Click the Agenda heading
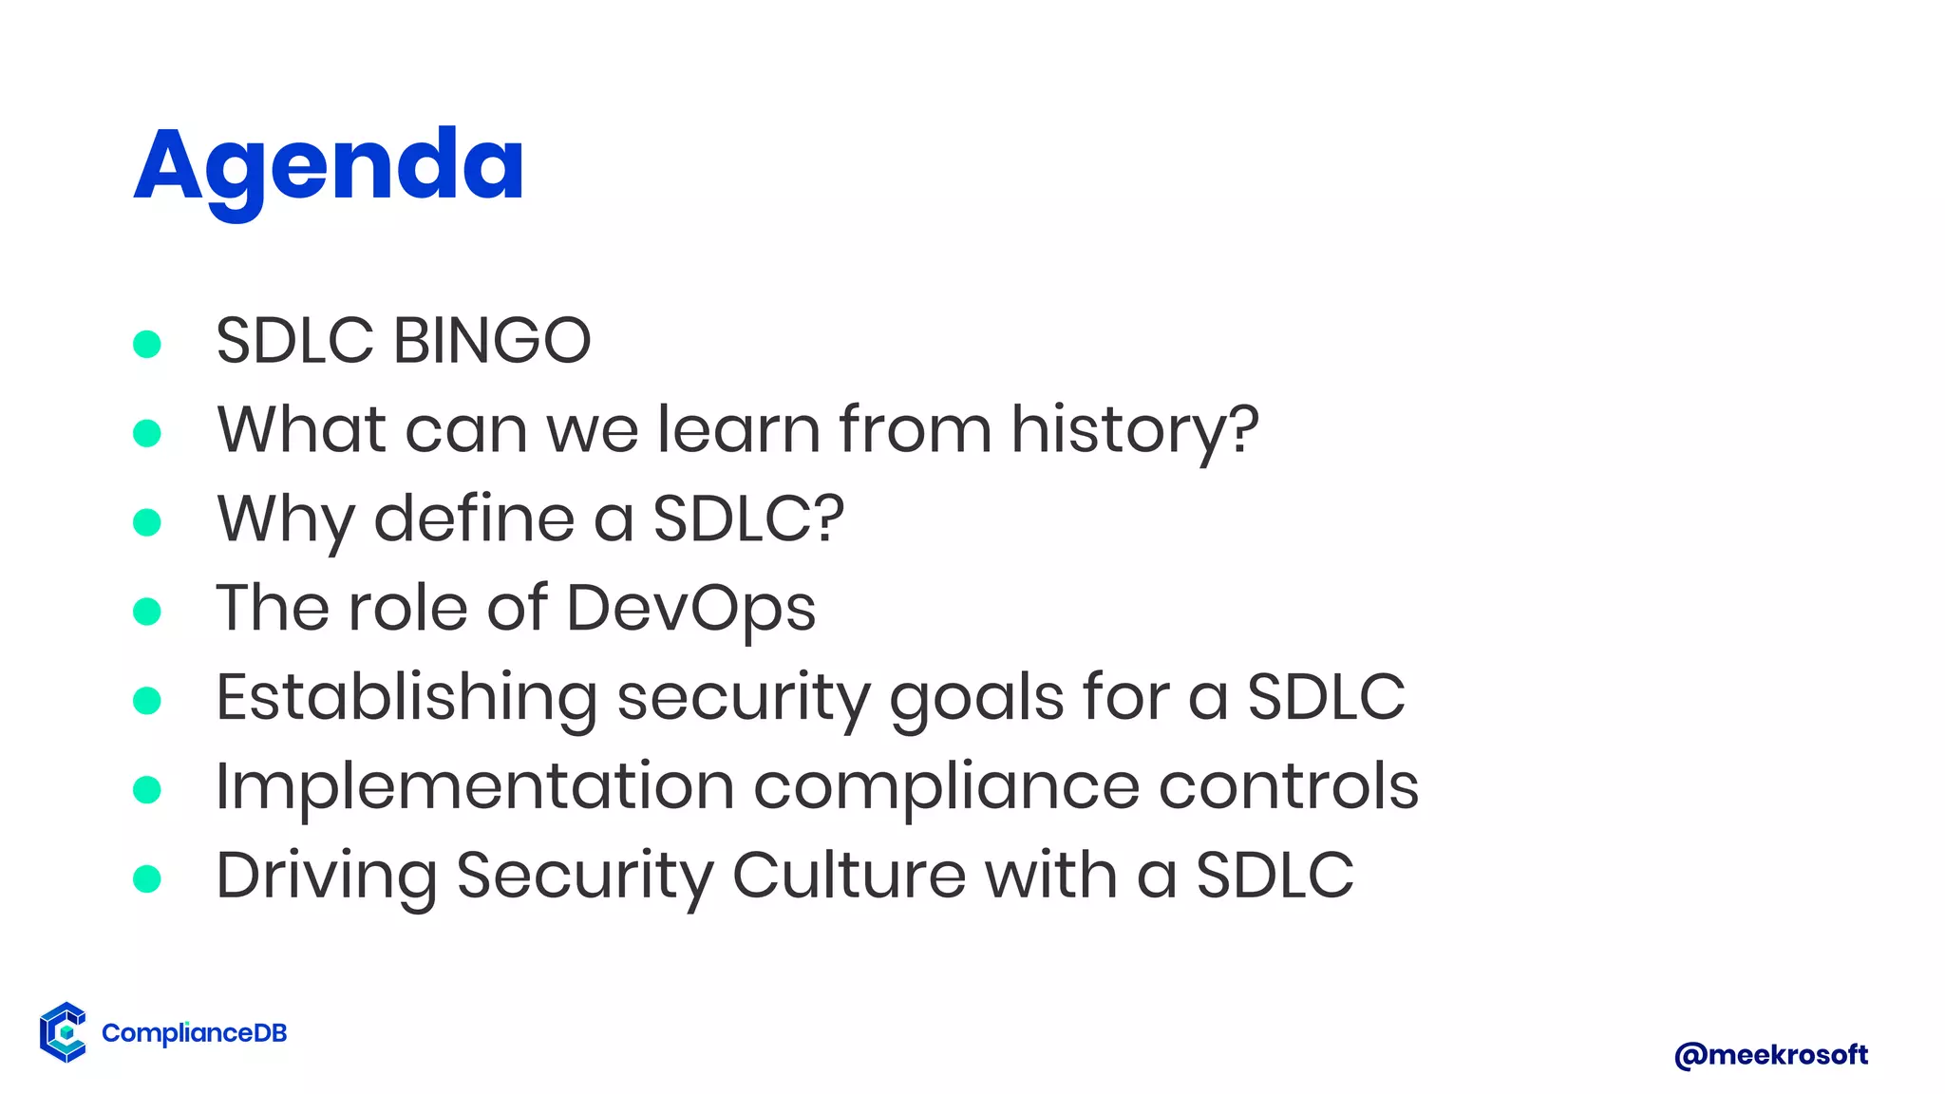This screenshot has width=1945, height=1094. [x=329, y=166]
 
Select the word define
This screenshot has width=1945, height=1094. [x=474, y=519]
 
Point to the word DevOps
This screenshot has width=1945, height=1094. [x=690, y=609]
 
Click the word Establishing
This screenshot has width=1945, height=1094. [x=406, y=698]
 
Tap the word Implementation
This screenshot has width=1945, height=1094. [x=475, y=787]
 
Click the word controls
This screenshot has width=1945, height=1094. [x=1288, y=787]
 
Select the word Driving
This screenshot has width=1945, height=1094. [x=326, y=877]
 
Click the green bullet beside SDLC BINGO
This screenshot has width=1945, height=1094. [x=147, y=344]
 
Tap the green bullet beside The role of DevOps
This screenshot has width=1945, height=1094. [x=147, y=611]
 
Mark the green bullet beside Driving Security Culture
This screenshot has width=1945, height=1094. [x=147, y=878]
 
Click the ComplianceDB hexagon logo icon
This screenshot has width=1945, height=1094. [x=64, y=1031]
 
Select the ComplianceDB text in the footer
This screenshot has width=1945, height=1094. [x=194, y=1033]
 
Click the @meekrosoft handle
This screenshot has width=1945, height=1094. [x=1770, y=1055]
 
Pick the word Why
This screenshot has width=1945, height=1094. [x=285, y=519]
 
